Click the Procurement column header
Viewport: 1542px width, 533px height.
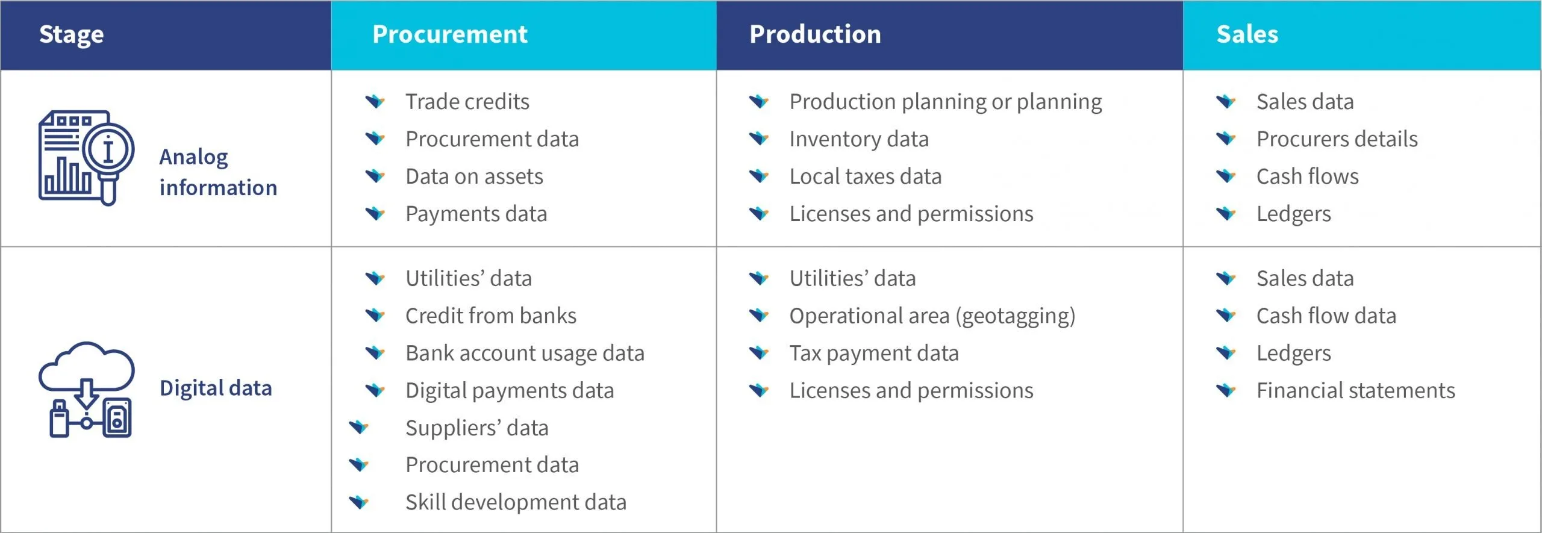(449, 34)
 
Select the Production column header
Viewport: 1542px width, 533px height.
(815, 34)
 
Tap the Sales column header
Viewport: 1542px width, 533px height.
(1247, 34)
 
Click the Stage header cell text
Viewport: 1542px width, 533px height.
(71, 35)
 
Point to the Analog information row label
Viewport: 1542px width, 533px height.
(218, 172)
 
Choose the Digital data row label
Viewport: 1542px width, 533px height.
(216, 388)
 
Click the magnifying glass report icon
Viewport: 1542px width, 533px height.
(86, 158)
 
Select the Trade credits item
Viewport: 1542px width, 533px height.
(467, 102)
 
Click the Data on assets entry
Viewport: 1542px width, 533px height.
(474, 176)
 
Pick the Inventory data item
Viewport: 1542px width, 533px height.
(859, 139)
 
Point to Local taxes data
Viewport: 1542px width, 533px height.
(866, 176)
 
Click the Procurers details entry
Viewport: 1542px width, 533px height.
(1337, 139)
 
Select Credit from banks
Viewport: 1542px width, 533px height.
(491, 316)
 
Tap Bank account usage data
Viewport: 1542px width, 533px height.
(525, 354)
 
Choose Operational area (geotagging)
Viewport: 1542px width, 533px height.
(932, 316)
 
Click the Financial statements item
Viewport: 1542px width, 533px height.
(1355, 390)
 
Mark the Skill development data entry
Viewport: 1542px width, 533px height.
(516, 502)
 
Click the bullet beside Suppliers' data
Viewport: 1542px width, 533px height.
(359, 428)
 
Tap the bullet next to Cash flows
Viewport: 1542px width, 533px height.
(1226, 176)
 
